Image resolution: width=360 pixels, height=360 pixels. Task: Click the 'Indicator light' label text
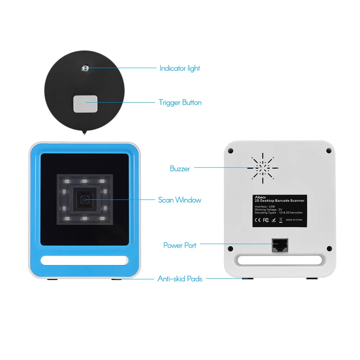pos(180,68)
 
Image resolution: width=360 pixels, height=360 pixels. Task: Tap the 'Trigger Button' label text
pos(180,103)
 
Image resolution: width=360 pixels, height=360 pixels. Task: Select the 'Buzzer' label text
pos(180,168)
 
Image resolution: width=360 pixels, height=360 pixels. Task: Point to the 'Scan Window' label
pos(180,200)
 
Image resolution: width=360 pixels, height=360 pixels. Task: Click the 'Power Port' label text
pos(180,245)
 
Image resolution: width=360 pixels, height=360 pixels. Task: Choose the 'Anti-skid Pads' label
pos(180,279)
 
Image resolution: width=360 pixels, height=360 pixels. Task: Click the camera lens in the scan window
pos(85,199)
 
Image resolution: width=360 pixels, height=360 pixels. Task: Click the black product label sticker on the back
pos(279,211)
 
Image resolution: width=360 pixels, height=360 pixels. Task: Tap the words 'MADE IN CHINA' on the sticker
pos(294,220)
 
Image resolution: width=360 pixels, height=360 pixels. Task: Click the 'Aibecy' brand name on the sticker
pos(260,197)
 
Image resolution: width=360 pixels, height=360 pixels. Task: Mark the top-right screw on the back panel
pos(329,150)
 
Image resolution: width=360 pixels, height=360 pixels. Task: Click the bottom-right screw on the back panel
pos(329,248)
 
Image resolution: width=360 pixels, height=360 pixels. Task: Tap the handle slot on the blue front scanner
pos(84,260)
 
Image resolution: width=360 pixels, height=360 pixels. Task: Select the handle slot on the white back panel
pos(280,260)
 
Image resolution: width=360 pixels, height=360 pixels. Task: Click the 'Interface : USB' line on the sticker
pos(265,207)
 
